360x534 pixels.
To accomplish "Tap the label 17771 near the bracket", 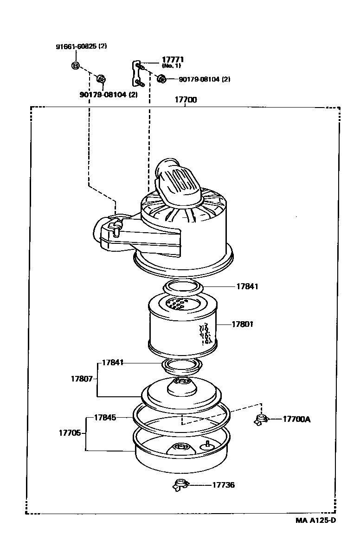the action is [173, 60].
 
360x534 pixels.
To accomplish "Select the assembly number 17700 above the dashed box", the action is [186, 100].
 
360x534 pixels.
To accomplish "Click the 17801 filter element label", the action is [242, 324].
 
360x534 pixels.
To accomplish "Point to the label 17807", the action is [82, 378].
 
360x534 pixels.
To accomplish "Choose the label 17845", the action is [105, 417].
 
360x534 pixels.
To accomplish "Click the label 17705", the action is [70, 433].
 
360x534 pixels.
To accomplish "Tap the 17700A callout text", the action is [296, 419].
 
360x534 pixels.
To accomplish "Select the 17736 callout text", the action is [224, 484].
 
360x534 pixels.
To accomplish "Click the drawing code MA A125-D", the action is [315, 520].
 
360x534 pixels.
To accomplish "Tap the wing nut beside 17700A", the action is [261, 419].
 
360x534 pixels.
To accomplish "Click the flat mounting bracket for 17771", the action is [136, 73].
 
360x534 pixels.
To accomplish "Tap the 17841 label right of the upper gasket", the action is [247, 286].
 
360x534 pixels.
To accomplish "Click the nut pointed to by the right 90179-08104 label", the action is [161, 79].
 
